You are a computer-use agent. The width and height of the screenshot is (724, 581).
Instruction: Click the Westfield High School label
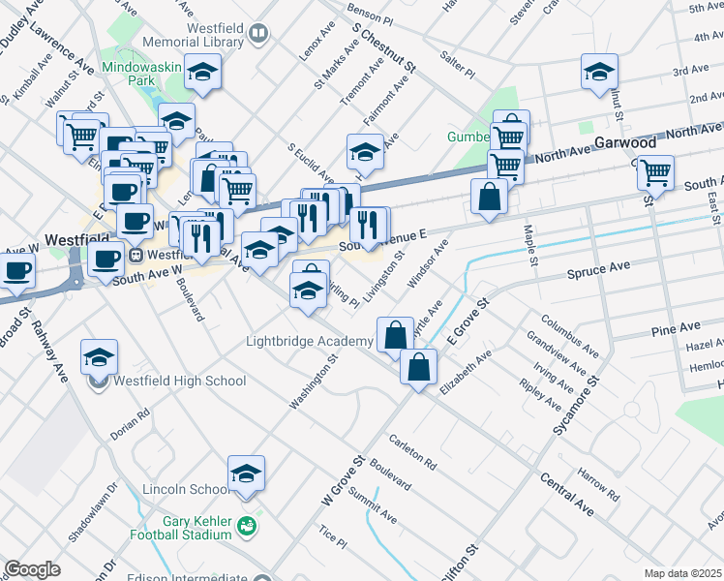[180, 381]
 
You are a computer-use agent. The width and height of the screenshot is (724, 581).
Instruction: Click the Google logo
[32, 569]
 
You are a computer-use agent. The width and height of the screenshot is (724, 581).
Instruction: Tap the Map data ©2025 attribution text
[681, 573]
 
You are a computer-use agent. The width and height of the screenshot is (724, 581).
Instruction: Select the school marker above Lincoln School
[247, 474]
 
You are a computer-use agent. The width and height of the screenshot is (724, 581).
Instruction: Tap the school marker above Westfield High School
[100, 357]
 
